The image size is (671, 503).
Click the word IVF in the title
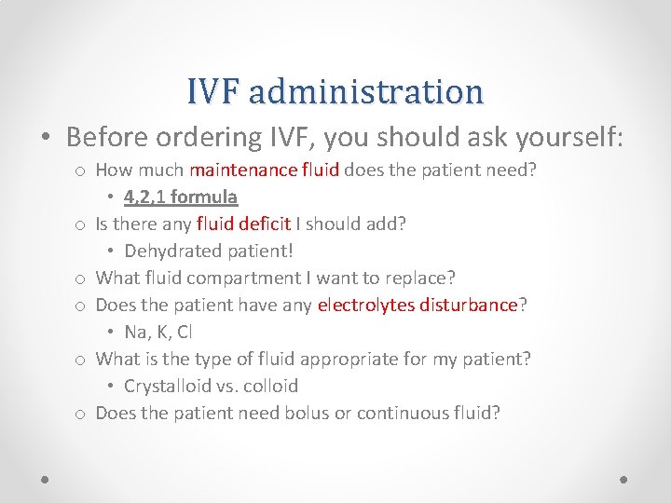point(212,91)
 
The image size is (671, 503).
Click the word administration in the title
point(366,91)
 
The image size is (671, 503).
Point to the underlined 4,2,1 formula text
point(181,197)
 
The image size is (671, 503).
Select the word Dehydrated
point(167,251)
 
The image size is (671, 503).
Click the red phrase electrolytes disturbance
point(418,305)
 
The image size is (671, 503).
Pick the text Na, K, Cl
point(158,333)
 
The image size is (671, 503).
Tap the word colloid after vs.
point(269,386)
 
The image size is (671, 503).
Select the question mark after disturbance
point(523,305)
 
